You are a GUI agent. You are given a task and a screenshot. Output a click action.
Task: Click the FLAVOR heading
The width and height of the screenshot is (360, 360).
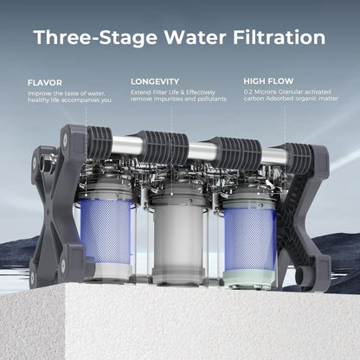click(44, 83)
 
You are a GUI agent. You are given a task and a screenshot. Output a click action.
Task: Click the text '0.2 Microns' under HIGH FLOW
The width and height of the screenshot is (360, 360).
click(261, 92)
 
